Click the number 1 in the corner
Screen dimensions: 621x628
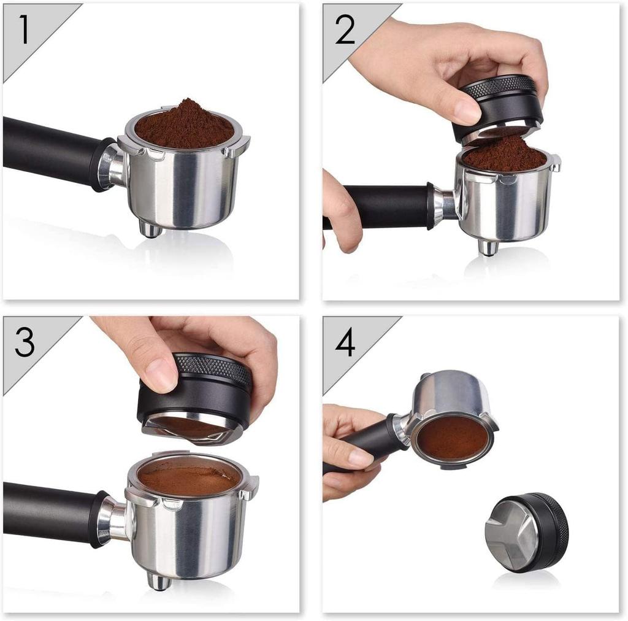[x=24, y=29]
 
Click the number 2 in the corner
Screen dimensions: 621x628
[x=345, y=29]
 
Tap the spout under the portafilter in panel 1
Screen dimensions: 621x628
[x=150, y=229]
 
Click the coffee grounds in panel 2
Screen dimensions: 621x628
[x=505, y=153]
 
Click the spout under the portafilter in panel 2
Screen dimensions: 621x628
[x=488, y=247]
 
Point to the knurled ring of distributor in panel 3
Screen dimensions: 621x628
[x=215, y=368]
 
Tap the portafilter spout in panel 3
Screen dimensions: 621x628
[x=159, y=580]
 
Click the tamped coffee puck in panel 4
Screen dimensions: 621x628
[x=453, y=438]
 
